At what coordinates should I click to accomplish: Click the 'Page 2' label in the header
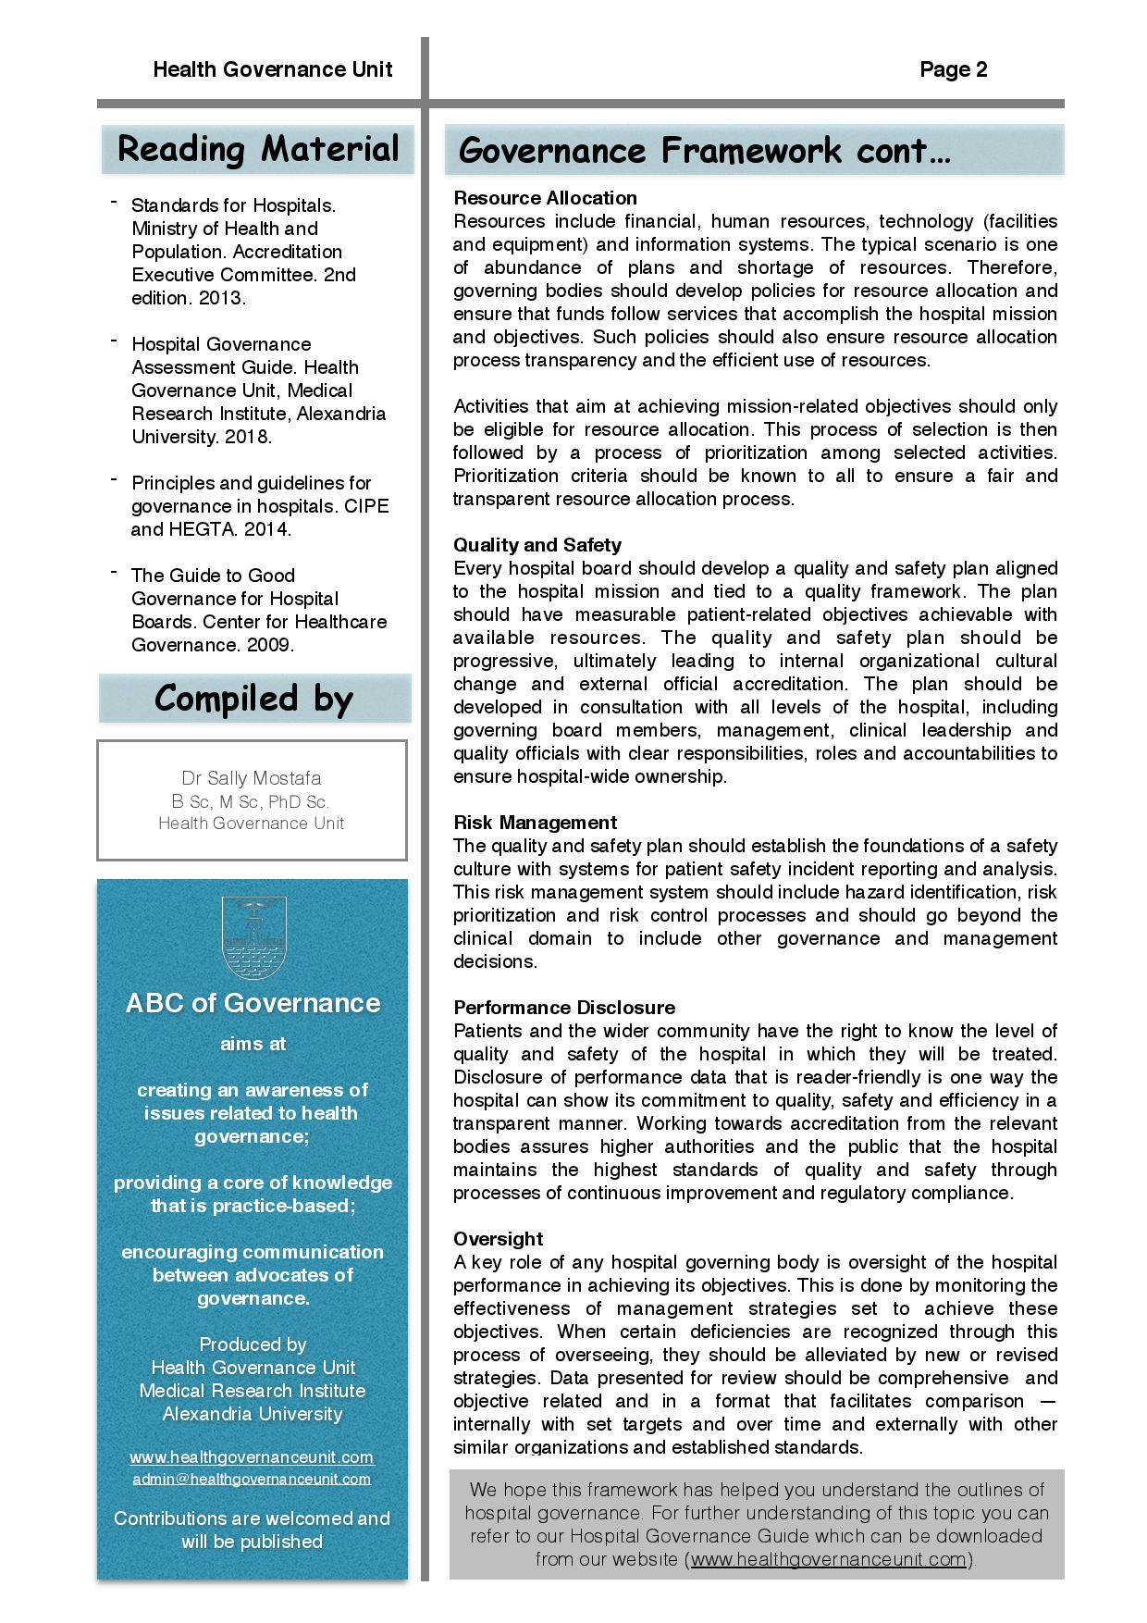tap(953, 70)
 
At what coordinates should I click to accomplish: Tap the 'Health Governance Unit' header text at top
tap(272, 70)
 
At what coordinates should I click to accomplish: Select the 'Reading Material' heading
tap(258, 150)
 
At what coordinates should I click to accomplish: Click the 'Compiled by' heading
tap(253, 699)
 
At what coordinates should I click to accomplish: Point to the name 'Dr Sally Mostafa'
tap(252, 778)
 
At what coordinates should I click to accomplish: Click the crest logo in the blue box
tap(252, 937)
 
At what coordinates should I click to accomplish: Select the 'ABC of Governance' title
tap(253, 1004)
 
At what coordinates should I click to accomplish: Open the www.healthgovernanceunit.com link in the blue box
tap(252, 1457)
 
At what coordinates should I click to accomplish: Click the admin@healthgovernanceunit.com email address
tap(252, 1479)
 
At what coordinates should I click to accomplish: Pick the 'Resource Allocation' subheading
tap(545, 198)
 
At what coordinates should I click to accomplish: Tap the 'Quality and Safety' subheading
tap(536, 545)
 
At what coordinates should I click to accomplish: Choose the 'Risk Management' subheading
tap(535, 823)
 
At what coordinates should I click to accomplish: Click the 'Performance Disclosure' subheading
tap(563, 1008)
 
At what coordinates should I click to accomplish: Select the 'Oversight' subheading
tap(498, 1239)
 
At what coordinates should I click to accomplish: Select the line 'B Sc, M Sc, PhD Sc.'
tap(251, 802)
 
